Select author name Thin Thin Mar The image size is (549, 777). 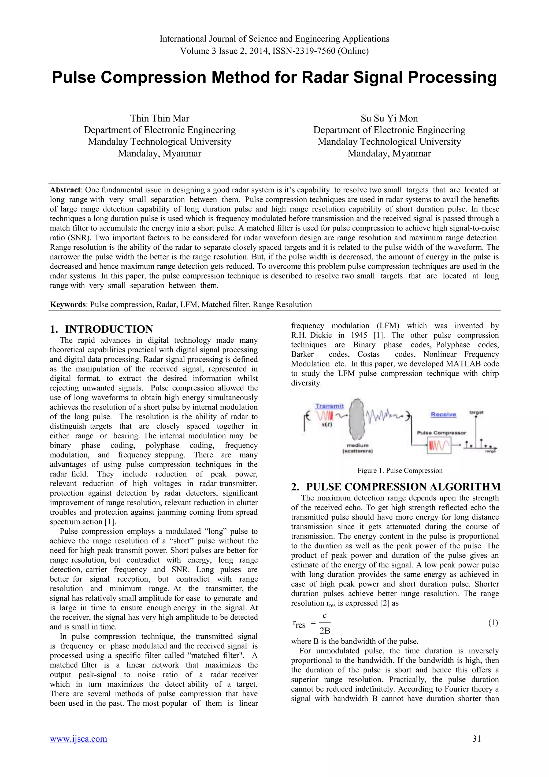(x=159, y=118)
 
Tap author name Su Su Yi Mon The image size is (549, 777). (x=389, y=118)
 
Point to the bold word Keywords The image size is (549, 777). (x=68, y=305)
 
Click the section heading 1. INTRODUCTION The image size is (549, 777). (x=101, y=329)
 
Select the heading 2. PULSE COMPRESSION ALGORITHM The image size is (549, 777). (x=395, y=487)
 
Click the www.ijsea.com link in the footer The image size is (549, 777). (x=79, y=748)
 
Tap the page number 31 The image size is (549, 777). (x=476, y=748)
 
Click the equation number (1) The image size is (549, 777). (x=493, y=623)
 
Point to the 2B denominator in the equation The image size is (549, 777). (x=325, y=631)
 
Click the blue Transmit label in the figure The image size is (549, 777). (x=329, y=406)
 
